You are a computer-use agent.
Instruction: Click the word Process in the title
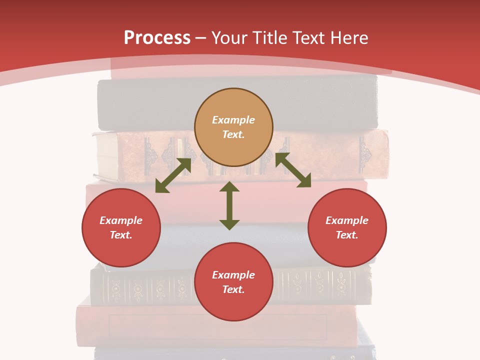pos(157,38)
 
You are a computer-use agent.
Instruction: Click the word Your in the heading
pos(230,38)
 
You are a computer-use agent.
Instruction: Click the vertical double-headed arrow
pos(229,205)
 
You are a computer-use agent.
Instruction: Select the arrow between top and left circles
pos(173,175)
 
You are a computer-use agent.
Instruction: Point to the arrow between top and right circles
pos(293,170)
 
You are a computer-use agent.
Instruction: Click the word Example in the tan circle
pos(233,120)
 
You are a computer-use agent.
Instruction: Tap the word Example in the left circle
pos(121,220)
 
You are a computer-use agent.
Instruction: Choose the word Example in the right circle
pos(347,220)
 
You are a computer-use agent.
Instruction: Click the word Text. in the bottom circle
pos(233,289)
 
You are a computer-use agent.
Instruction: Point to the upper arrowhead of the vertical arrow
pos(229,186)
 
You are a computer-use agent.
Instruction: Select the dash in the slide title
pos(201,38)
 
